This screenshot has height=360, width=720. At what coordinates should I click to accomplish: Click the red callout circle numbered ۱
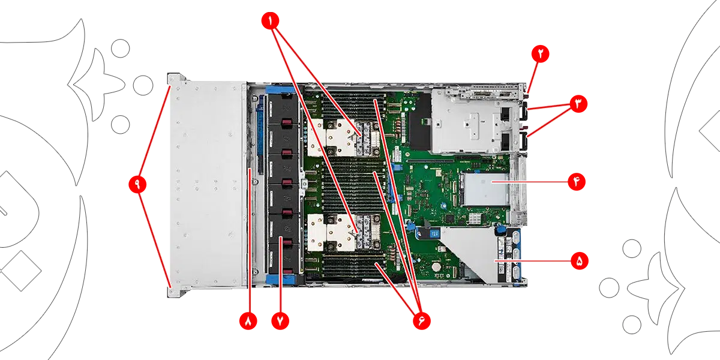(x=271, y=21)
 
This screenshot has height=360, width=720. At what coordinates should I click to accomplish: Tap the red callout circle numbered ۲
(x=541, y=53)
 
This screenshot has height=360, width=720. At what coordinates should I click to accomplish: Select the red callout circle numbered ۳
(x=578, y=104)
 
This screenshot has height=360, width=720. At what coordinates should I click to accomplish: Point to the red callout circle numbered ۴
(x=577, y=182)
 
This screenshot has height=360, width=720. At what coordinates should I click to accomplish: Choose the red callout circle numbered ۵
(x=580, y=260)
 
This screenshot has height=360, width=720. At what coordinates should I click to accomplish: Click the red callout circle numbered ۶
(x=422, y=320)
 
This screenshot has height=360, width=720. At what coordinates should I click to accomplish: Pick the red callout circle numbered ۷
(x=280, y=320)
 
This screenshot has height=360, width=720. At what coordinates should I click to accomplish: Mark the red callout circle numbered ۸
(x=248, y=320)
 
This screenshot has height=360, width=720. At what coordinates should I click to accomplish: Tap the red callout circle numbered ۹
(x=137, y=184)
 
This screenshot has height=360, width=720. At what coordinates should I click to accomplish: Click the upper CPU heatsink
(x=343, y=137)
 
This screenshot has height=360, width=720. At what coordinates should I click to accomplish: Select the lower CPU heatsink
(x=343, y=232)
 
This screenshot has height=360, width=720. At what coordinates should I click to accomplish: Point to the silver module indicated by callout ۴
(x=485, y=190)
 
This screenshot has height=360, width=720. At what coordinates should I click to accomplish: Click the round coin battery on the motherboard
(x=436, y=267)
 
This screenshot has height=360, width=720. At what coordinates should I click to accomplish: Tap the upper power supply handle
(x=524, y=111)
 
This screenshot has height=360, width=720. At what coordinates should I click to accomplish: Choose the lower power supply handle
(x=524, y=141)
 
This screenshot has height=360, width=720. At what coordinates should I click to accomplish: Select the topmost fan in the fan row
(x=283, y=109)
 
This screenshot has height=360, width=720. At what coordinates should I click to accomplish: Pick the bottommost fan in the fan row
(x=283, y=259)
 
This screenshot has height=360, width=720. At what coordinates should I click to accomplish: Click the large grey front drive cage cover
(x=208, y=184)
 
